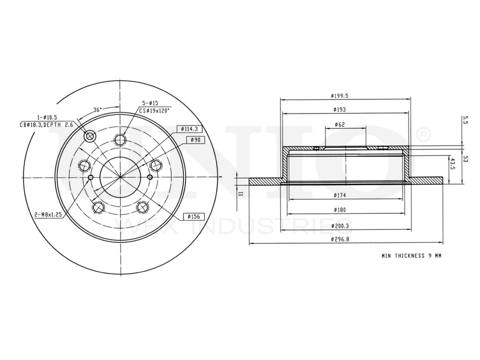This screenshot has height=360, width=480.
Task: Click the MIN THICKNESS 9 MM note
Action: point(411,256)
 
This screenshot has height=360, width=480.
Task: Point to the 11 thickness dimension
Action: point(240,193)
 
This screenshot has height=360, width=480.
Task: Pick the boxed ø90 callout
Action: point(194,140)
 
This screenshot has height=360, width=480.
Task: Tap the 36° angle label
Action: point(97,109)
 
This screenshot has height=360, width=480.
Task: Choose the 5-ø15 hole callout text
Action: point(149,103)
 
